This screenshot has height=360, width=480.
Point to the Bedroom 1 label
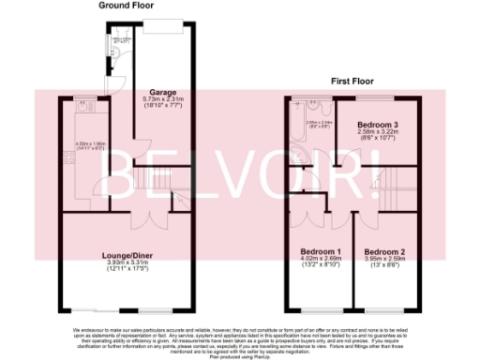(x=320, y=252)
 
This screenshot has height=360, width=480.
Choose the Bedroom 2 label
(x=384, y=252)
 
